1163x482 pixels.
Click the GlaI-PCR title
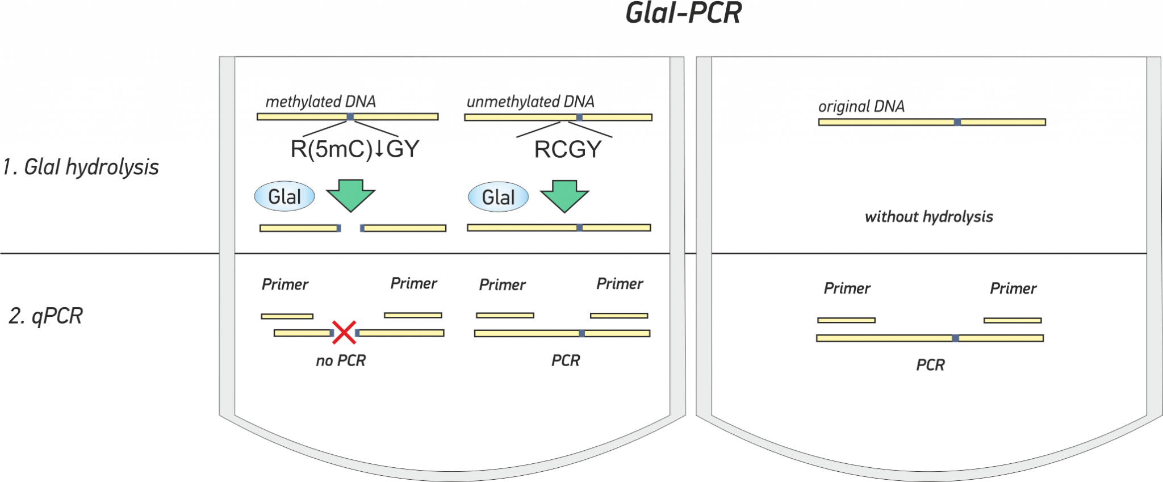[x=683, y=13]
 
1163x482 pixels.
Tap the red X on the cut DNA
[x=344, y=333]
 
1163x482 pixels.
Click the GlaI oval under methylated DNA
[x=285, y=196]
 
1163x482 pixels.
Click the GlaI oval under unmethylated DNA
[x=498, y=197]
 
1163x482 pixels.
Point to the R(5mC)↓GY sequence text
[x=354, y=149]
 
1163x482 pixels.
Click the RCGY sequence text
[x=567, y=150]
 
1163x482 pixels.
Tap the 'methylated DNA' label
[x=321, y=102]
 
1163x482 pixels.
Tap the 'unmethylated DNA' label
[x=530, y=102]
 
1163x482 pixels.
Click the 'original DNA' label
[x=861, y=107]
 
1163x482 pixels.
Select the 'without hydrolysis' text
[x=929, y=216]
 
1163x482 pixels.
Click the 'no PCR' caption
[x=341, y=361]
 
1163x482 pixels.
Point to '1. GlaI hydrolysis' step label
[x=80, y=167]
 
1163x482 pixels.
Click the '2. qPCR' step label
[x=46, y=316]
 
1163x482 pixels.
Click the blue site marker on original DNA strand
[x=957, y=122]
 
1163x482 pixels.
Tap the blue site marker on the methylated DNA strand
[x=350, y=117]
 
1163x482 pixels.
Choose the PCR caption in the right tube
[x=930, y=364]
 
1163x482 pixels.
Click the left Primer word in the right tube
[x=847, y=289]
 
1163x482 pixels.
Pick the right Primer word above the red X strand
[x=413, y=284]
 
